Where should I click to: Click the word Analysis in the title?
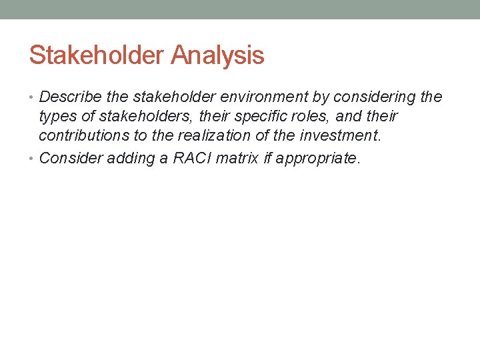point(217,55)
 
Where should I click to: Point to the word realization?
point(193,136)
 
